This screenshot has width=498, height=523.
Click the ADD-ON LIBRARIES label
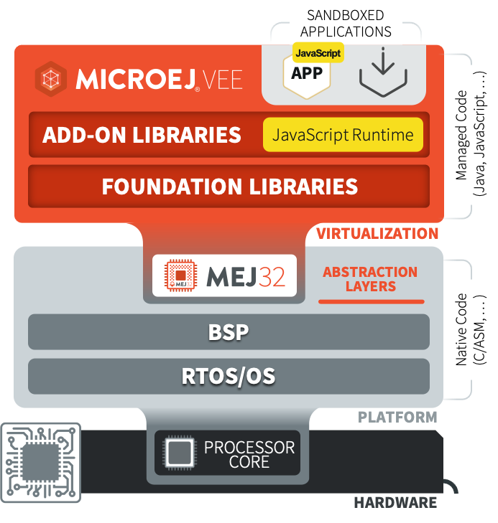tap(142, 135)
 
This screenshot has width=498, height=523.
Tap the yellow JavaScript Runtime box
tap(343, 135)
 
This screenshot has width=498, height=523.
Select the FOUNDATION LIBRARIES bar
tap(229, 187)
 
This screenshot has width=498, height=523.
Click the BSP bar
tap(229, 332)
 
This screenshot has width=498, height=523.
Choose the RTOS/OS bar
tap(229, 376)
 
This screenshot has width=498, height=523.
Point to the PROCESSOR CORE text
tap(249, 454)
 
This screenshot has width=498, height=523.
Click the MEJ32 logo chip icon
tap(180, 275)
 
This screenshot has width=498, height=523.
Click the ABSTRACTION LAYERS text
tap(370, 279)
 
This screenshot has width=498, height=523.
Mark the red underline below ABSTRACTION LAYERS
tap(371, 301)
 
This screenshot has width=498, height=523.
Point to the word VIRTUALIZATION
tap(377, 233)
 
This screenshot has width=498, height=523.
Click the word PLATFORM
tap(397, 417)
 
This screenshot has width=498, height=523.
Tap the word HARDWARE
tap(395, 502)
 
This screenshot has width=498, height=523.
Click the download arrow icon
tap(384, 72)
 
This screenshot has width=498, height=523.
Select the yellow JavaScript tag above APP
tap(318, 52)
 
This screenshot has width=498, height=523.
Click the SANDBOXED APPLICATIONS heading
tap(346, 23)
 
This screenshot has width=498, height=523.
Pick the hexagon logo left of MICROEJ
tap(51, 79)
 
